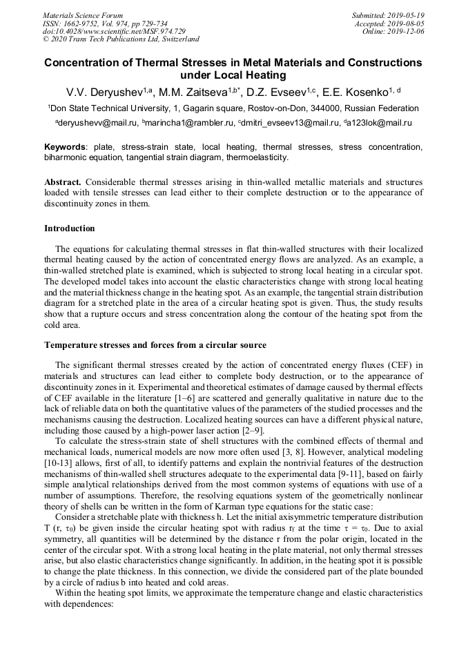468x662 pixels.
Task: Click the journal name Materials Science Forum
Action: pos(83,15)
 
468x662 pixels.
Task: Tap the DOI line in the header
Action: pos(114,31)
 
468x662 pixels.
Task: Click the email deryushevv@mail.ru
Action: pos(97,123)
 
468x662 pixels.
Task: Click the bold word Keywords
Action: pos(66,147)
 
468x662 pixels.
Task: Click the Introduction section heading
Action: pos(70,228)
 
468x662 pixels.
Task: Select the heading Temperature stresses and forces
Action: pos(155,344)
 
